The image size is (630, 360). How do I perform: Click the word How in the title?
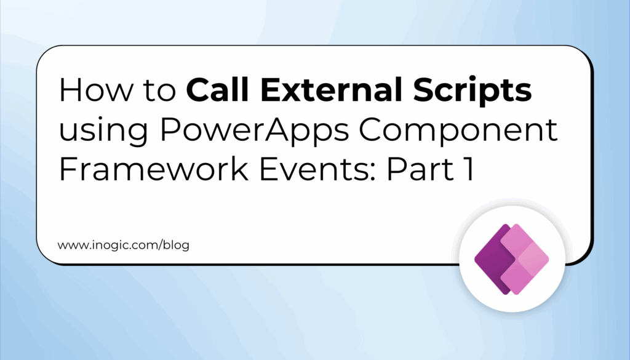(x=92, y=92)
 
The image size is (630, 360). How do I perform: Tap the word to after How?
(x=155, y=92)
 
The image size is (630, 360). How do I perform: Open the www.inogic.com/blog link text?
(x=124, y=245)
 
